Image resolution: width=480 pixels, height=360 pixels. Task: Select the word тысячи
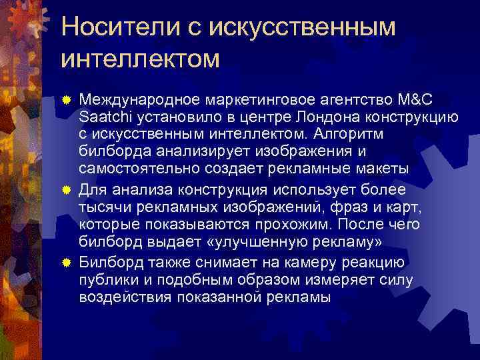coord(102,204)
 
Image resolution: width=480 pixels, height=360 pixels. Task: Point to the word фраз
coord(360,204)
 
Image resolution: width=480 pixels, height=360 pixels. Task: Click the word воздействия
coord(126,296)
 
